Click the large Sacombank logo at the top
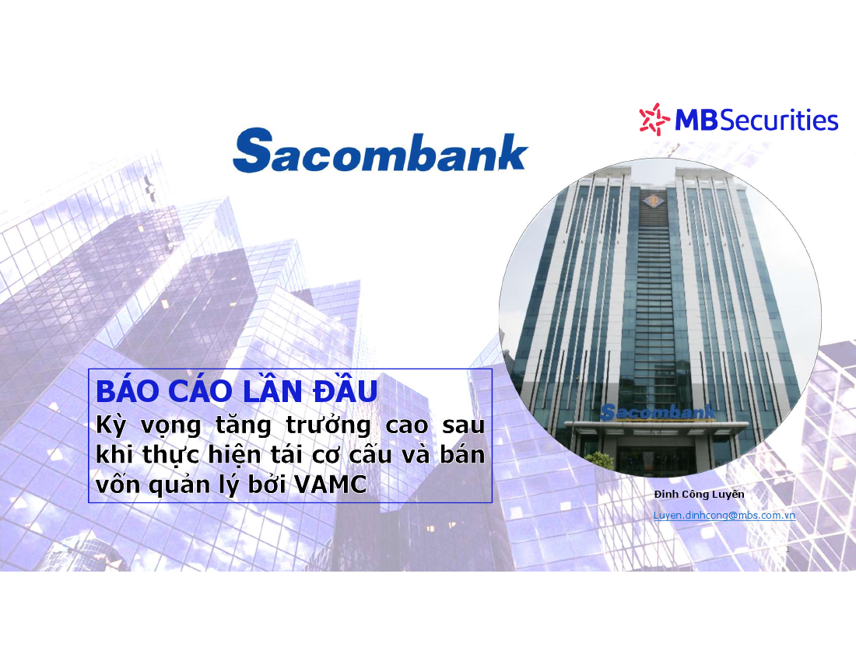(380, 151)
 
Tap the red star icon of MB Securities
(654, 119)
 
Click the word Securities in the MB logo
(779, 120)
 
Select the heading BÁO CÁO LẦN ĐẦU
(237, 390)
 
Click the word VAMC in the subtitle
(330, 484)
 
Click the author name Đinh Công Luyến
(699, 494)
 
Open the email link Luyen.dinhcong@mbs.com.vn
(724, 516)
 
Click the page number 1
(788, 549)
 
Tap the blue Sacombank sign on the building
(658, 412)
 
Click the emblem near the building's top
(651, 201)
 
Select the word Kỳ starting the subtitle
(111, 425)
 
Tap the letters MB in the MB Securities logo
(696, 120)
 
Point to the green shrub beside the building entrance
(599, 461)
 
